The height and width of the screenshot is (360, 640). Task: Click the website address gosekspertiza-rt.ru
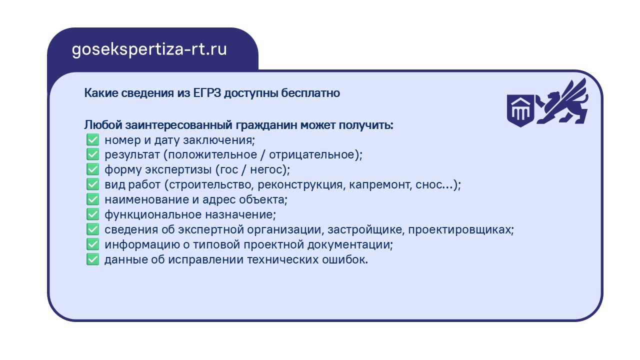(x=149, y=49)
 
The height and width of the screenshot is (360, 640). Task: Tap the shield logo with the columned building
(x=520, y=110)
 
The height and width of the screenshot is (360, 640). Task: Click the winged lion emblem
(x=561, y=101)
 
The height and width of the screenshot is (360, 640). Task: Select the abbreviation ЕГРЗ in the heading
(x=207, y=93)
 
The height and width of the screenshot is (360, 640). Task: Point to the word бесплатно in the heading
(x=310, y=93)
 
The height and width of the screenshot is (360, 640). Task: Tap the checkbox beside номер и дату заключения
(x=93, y=140)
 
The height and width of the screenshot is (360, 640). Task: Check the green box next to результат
(x=93, y=154)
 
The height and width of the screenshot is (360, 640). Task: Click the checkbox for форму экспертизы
(x=93, y=169)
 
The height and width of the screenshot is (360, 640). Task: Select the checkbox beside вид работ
(x=93, y=184)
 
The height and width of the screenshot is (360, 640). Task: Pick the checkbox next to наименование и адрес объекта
(x=93, y=199)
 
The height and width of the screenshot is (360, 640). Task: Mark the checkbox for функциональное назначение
(x=93, y=214)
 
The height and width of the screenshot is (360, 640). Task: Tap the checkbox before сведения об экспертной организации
(x=93, y=229)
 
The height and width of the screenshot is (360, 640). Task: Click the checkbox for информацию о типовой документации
(x=93, y=244)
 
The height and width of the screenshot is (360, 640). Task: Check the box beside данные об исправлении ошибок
(x=93, y=259)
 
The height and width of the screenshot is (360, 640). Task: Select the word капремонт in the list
(x=380, y=185)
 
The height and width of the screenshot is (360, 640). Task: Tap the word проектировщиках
(x=459, y=229)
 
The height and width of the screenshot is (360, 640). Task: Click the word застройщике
(x=364, y=229)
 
